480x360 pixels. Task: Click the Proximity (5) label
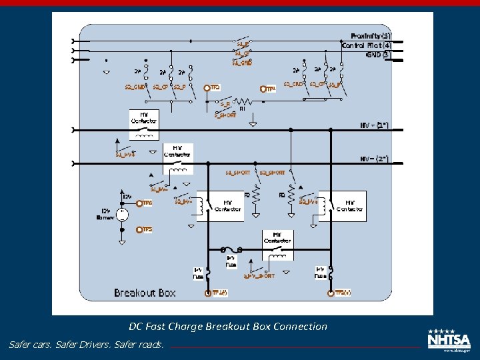pyautogui.click(x=371, y=35)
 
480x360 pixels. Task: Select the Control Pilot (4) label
pyautogui.click(x=367, y=45)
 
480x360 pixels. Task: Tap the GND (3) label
pyautogui.click(x=378, y=54)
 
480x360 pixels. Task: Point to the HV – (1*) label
pyautogui.click(x=374, y=125)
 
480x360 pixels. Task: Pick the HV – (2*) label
pyautogui.click(x=374, y=159)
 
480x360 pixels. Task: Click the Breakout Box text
pyautogui.click(x=145, y=293)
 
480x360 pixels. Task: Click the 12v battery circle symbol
pyautogui.click(x=123, y=214)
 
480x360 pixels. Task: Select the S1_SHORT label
pyautogui.click(x=237, y=173)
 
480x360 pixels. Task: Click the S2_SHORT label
pyautogui.click(x=272, y=173)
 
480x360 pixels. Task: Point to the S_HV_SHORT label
pyautogui.click(x=259, y=275)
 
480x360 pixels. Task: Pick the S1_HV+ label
pyautogui.click(x=125, y=155)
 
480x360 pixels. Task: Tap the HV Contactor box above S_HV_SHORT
pyautogui.click(x=277, y=246)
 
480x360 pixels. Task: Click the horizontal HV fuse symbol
pyautogui.click(x=231, y=249)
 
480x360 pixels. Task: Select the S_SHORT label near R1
pyautogui.click(x=225, y=115)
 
